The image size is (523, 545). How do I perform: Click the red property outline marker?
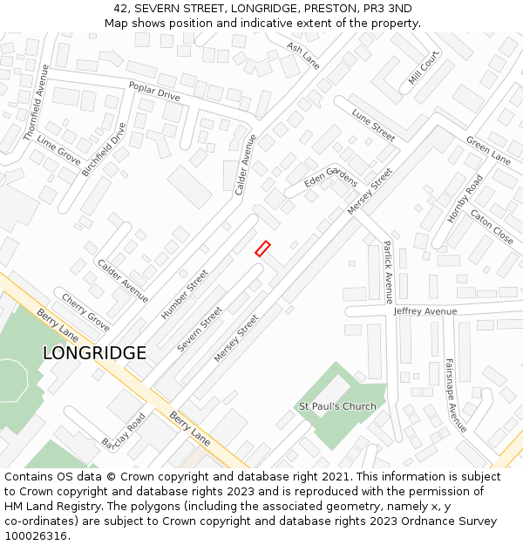[262, 249]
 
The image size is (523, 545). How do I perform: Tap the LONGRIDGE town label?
[94, 353]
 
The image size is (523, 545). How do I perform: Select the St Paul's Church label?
[337, 406]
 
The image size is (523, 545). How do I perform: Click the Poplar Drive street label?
[154, 91]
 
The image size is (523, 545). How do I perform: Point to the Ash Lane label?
[303, 56]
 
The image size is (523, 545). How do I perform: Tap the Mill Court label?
[425, 67]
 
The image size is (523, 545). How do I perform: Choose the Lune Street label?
[373, 125]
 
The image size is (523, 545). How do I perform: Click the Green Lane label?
[488, 150]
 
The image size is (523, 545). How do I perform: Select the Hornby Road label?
[465, 199]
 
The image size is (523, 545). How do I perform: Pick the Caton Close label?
[492, 226]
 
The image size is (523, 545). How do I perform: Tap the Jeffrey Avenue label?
[425, 311]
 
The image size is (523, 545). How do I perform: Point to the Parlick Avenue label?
[388, 271]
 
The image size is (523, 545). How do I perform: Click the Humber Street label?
[185, 293]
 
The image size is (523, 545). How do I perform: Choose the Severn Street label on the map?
[200, 330]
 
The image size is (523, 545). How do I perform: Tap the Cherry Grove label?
[85, 311]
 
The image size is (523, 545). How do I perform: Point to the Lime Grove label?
[58, 151]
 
